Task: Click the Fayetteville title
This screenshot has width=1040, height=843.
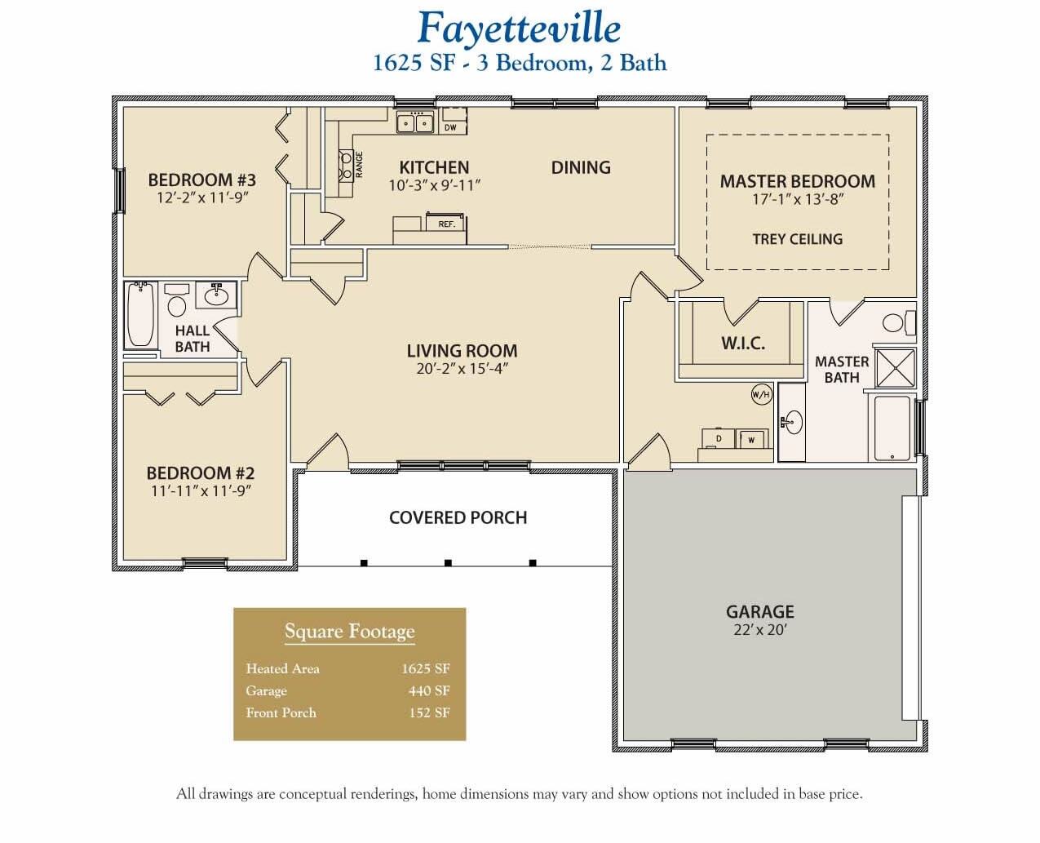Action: [519, 29]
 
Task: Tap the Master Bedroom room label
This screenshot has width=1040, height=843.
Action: [797, 181]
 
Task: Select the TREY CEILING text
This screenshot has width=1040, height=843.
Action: [797, 239]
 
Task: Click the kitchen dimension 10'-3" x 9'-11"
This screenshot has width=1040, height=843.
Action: [434, 186]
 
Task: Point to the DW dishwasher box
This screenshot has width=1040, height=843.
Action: [450, 127]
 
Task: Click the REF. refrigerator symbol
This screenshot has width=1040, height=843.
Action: [446, 223]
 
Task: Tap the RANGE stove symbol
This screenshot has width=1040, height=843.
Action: [344, 165]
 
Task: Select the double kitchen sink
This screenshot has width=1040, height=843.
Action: [414, 123]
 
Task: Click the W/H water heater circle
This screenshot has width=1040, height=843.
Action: [760, 395]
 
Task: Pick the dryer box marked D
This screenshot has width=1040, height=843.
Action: [719, 439]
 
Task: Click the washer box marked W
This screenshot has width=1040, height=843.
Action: [751, 440]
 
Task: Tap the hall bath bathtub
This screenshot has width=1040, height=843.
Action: [141, 314]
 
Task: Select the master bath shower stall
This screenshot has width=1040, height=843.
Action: [895, 367]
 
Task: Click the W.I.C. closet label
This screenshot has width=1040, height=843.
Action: [742, 344]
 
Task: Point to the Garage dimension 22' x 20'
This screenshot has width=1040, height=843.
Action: [759, 630]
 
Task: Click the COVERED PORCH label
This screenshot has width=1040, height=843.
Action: [458, 517]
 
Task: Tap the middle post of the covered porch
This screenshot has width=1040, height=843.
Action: [448, 562]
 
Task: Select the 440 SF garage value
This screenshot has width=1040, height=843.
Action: [429, 690]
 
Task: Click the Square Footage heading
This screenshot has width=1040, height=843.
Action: [349, 632]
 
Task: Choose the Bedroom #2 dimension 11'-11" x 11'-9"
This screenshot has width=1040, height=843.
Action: [200, 491]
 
